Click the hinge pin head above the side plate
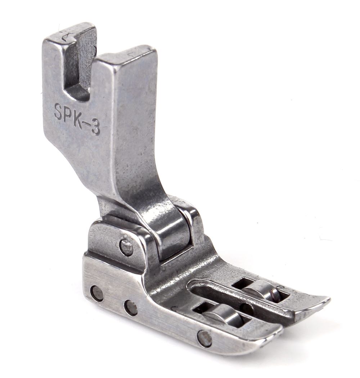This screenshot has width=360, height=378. (x=127, y=246)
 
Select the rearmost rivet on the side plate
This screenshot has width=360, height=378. (x=97, y=293)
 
